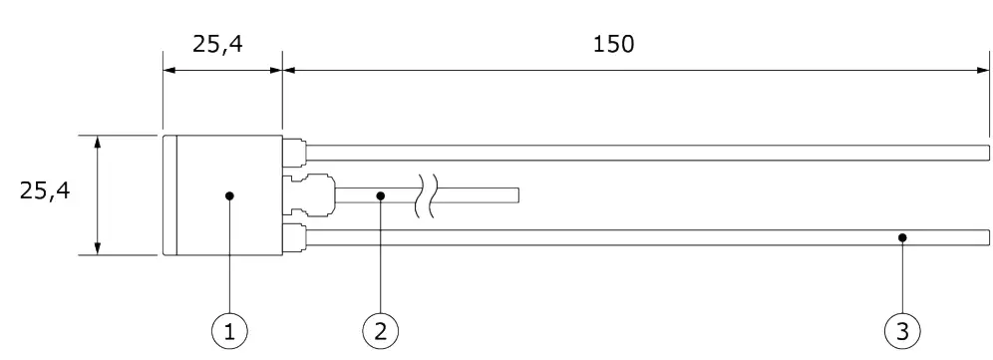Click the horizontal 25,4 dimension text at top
point(222,46)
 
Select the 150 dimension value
point(612,46)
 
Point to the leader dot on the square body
point(229,196)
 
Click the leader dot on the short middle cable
point(378,196)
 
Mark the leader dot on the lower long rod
point(902,237)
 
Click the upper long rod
point(648,152)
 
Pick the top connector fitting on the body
point(295,151)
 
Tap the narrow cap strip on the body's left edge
point(169,195)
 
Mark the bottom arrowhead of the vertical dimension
point(98,248)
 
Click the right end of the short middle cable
point(517,194)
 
